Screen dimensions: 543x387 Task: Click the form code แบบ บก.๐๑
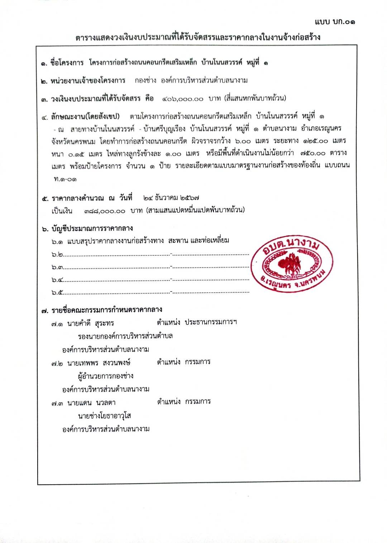[335, 22]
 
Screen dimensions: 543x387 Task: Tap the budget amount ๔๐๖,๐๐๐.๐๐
[183, 99]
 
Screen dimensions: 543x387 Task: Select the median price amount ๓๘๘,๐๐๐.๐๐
[105, 211]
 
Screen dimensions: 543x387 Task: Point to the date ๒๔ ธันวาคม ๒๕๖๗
[171, 198]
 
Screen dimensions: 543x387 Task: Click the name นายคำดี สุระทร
[90, 323]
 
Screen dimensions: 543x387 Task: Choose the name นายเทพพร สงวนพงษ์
[99, 363]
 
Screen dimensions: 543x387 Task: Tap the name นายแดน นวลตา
[91, 403]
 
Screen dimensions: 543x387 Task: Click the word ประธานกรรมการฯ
[211, 322]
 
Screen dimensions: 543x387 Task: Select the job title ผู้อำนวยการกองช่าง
[106, 376]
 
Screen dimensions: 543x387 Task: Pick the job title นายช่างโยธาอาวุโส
[104, 416]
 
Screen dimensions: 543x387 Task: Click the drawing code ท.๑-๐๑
[65, 179]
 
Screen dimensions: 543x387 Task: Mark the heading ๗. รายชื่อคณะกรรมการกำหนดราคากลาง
[102, 310]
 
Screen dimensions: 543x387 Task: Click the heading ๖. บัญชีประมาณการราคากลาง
[87, 229]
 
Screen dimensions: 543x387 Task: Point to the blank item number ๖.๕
[57, 293]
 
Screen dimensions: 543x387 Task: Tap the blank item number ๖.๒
[57, 255]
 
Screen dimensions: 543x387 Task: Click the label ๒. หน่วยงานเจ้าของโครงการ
[83, 81]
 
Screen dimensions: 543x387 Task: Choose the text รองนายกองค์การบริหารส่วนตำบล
[125, 336]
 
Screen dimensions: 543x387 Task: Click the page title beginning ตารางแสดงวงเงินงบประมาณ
[198, 37]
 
